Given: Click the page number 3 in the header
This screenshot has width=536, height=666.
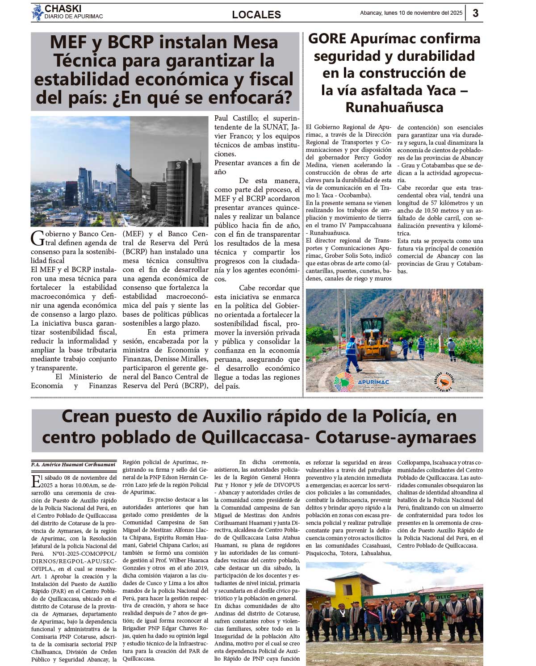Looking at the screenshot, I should pos(475,13).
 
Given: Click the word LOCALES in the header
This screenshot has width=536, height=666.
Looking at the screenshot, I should pos(256,15).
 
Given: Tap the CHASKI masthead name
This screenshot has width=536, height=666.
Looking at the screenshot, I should pos(63,8).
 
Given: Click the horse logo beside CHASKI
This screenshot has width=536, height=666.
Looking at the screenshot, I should pos(37,13).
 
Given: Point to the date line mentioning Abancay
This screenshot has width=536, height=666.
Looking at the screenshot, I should pos(411,13).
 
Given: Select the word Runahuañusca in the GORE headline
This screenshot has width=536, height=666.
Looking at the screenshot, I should pos(394,108).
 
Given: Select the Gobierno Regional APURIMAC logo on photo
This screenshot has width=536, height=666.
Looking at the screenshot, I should pos(362,381).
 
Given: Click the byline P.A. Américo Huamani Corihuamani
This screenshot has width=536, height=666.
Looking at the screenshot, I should pos(73,465).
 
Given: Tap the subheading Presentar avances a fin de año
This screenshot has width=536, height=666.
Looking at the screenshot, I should pos(257,167).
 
